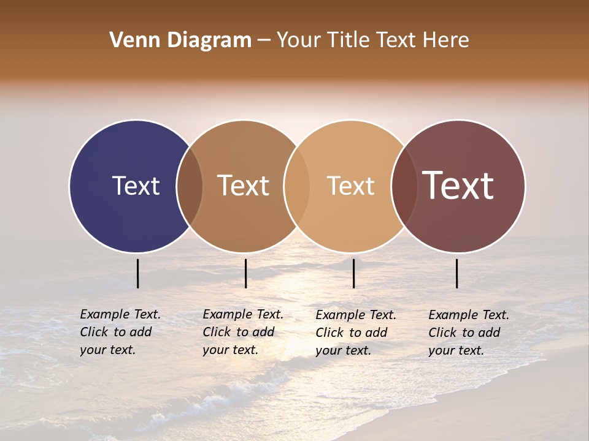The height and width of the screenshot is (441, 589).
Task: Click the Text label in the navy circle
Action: [x=136, y=186]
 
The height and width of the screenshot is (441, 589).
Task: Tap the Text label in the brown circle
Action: [x=244, y=186]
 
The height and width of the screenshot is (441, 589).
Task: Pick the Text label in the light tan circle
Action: [x=350, y=186]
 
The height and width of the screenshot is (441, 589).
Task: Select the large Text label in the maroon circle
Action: [x=458, y=186]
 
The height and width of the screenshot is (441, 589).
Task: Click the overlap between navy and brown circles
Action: [x=190, y=186]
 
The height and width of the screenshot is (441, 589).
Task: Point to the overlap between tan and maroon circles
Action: [x=404, y=186]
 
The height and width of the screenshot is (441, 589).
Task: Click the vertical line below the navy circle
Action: [x=137, y=273]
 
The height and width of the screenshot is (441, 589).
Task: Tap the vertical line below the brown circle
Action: [x=245, y=273]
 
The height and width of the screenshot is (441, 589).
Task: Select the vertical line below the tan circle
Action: [x=353, y=273]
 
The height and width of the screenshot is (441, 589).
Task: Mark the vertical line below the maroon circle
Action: [x=456, y=273]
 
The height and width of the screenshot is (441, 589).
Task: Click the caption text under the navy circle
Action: [x=120, y=332]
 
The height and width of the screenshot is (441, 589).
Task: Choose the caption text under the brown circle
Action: [x=243, y=332]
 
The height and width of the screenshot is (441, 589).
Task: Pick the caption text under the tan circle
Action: [x=356, y=333]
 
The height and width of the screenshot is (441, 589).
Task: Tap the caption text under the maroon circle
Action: [x=469, y=333]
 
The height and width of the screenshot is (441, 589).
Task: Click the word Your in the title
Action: [x=298, y=40]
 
